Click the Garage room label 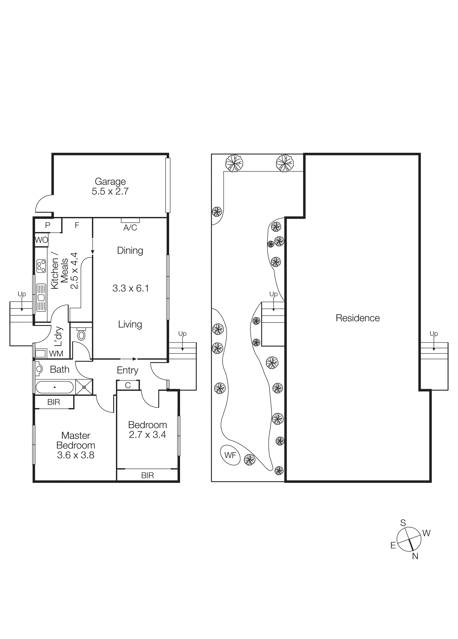pyautogui.click(x=110, y=181)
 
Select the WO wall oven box pyautogui.click(x=41, y=240)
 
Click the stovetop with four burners pyautogui.click(x=41, y=266)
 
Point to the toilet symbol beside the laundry pyautogui.click(x=81, y=335)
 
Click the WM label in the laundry pyautogui.click(x=56, y=354)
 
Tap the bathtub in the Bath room pyautogui.click(x=55, y=387)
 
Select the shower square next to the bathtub pyautogui.click(x=84, y=387)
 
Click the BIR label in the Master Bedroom pyautogui.click(x=53, y=402)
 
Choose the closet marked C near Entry pyautogui.click(x=128, y=385)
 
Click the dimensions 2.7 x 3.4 pyautogui.click(x=147, y=435)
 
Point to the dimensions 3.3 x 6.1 pyautogui.click(x=130, y=288)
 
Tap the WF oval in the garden pyautogui.click(x=230, y=455)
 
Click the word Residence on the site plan pyautogui.click(x=357, y=318)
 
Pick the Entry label pyautogui.click(x=127, y=370)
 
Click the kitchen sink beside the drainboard pyautogui.click(x=41, y=298)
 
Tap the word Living pyautogui.click(x=130, y=324)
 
